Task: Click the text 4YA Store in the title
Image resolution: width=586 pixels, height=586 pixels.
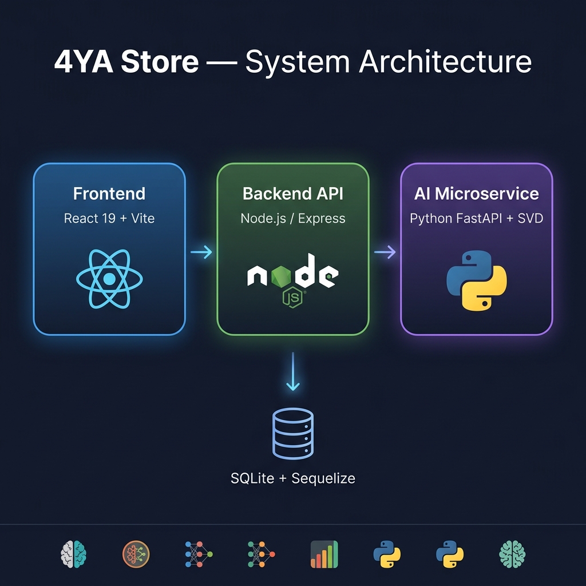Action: [126, 62]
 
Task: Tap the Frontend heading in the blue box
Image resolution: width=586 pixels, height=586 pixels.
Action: [109, 193]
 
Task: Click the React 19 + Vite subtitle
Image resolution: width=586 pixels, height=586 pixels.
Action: [109, 218]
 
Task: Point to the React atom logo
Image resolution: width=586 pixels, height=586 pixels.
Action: [109, 279]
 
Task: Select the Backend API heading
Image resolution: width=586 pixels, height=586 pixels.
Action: [293, 193]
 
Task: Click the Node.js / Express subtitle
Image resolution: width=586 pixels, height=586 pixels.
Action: [293, 218]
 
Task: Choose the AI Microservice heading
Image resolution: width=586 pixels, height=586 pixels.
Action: [476, 193]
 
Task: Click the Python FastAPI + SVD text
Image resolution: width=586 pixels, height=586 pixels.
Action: [476, 218]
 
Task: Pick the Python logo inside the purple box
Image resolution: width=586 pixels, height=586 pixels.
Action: [476, 280]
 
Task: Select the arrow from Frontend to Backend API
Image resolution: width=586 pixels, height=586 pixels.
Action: [201, 252]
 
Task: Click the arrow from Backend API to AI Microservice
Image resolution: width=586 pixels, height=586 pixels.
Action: [385, 252]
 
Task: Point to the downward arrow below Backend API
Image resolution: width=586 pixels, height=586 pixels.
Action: [293, 372]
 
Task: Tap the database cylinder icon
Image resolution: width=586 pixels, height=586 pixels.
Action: [293, 433]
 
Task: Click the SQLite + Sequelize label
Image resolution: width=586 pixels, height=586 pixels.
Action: [293, 478]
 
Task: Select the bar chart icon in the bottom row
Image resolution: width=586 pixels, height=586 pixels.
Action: [324, 554]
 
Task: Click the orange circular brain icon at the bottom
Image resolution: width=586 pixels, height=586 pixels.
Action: [136, 554]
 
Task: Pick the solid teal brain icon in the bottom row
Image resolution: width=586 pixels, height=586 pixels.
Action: [512, 554]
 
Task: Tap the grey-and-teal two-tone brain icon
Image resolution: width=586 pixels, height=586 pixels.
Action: [73, 554]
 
